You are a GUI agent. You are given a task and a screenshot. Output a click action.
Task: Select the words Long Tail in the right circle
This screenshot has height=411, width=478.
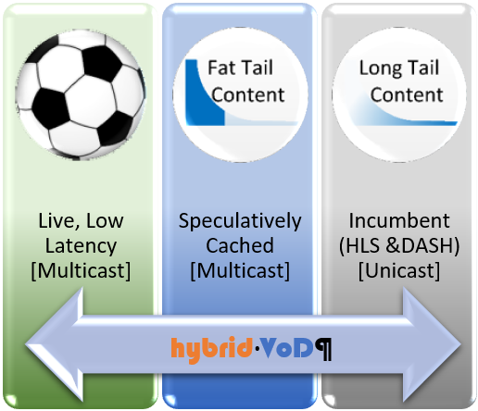click(x=402, y=69)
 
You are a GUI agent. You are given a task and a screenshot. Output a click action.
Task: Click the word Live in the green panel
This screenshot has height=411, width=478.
click(x=59, y=222)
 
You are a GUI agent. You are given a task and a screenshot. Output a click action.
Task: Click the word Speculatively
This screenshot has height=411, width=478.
click(x=240, y=222)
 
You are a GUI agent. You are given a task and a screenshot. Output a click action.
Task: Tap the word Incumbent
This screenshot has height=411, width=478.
click(x=400, y=222)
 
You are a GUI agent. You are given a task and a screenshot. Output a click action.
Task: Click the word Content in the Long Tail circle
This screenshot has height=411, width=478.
click(x=402, y=94)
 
